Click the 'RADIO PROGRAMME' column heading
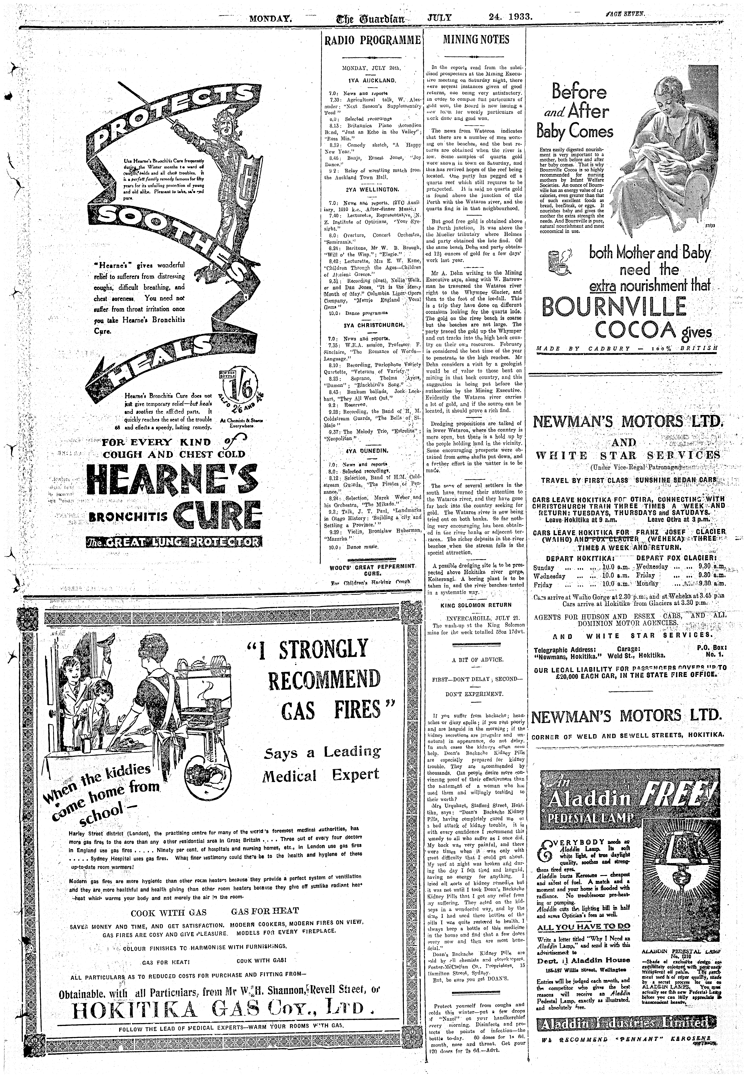[x=372, y=40]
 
